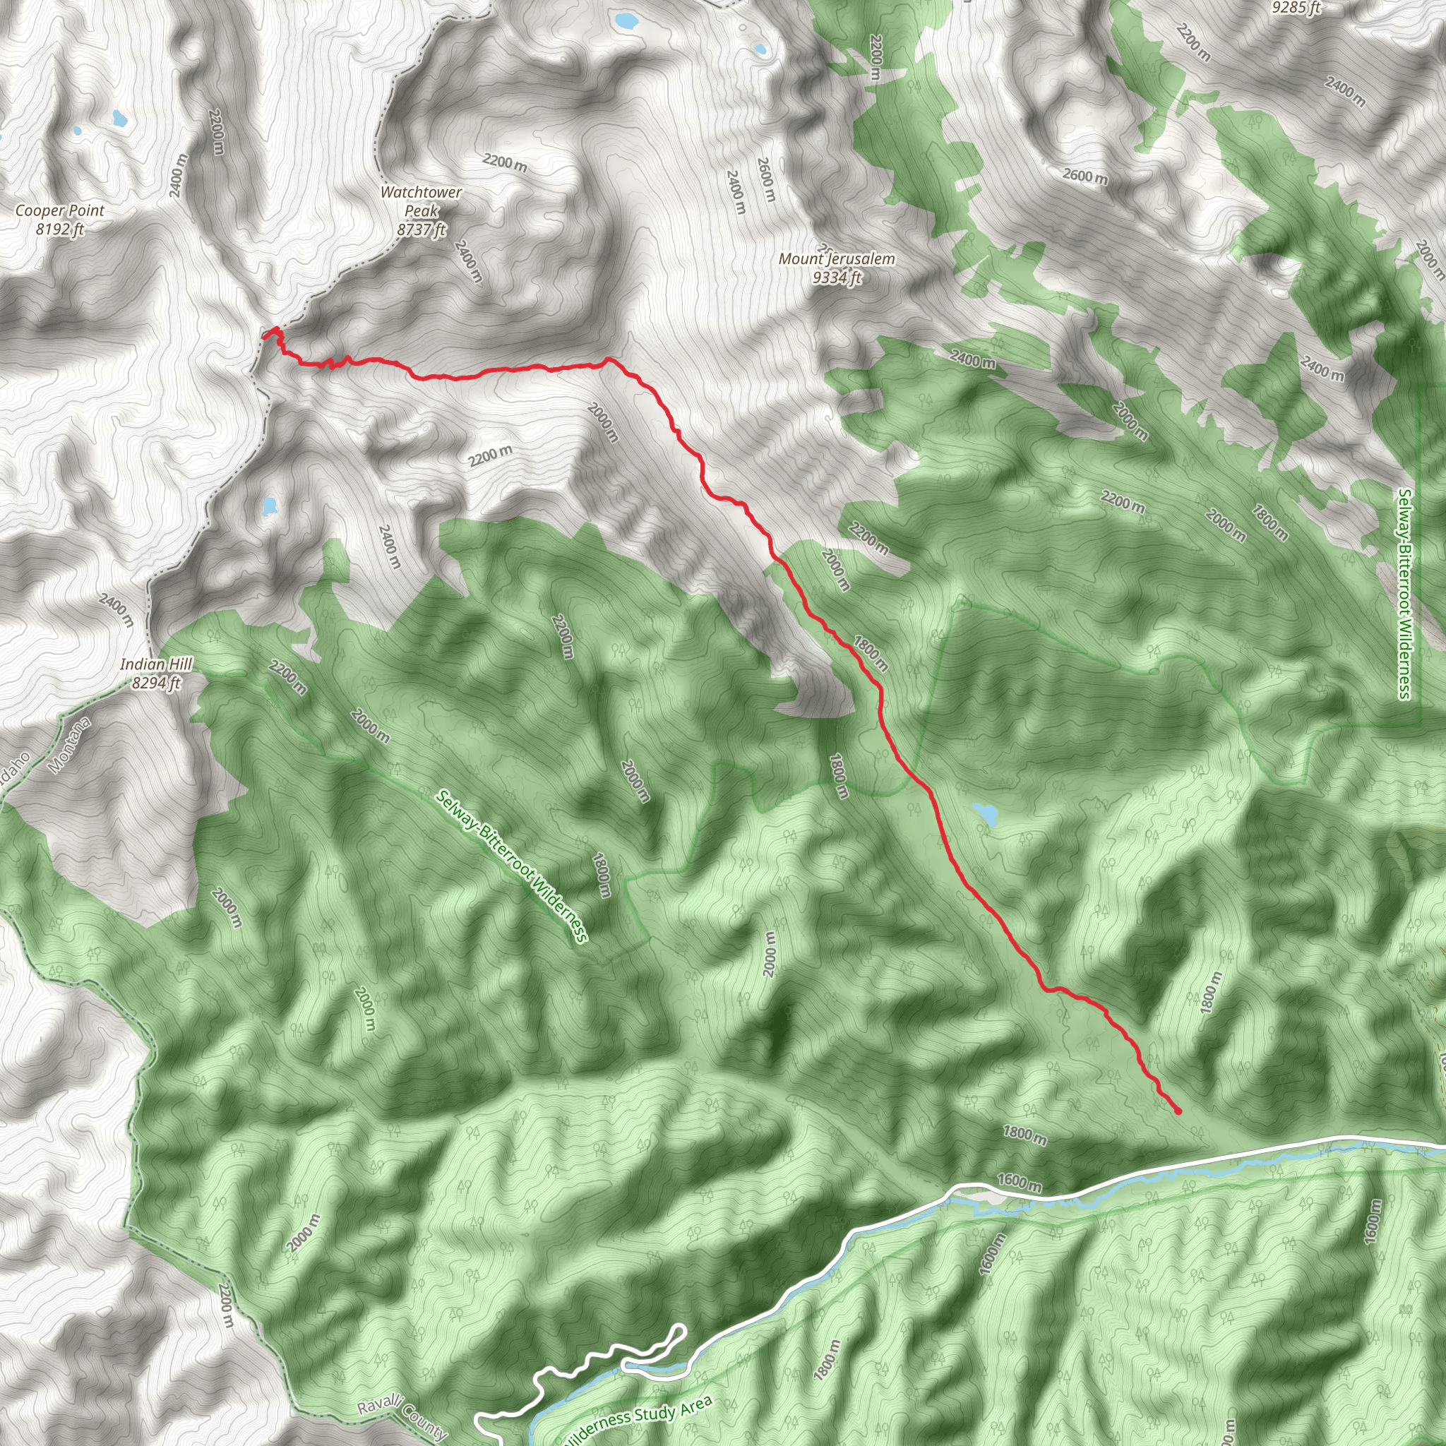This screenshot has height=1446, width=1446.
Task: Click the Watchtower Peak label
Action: pos(421,201)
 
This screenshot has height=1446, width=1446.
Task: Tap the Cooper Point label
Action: pos(60,210)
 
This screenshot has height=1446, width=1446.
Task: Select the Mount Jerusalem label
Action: pos(836,259)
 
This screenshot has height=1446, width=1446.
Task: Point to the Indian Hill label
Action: pos(157,664)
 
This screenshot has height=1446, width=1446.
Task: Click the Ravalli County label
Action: pos(402,1418)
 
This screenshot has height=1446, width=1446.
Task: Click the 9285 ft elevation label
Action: pos(1296,8)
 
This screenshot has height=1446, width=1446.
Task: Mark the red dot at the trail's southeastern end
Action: pos(1178,1111)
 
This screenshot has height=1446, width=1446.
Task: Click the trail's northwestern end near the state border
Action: pos(266,335)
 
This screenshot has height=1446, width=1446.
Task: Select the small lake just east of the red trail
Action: pos(985,813)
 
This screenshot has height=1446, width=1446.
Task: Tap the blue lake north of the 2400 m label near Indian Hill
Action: pos(270,508)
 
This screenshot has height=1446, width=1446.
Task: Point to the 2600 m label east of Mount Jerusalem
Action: pos(1085,177)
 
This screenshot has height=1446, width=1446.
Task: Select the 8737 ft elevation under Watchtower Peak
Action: pos(422,229)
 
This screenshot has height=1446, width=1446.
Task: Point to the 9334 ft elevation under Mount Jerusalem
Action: pos(837,277)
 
